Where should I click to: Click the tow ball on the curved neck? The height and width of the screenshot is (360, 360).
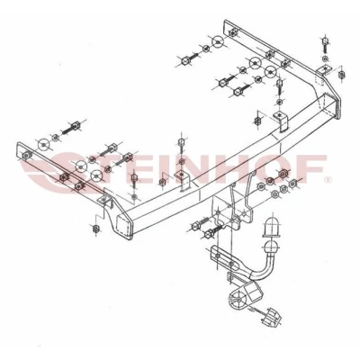click(x=272, y=246)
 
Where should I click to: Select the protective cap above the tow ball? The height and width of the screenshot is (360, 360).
click(x=272, y=226)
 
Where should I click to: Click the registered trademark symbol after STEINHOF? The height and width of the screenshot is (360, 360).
click(x=327, y=180)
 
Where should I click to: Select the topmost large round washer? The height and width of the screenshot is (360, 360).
click(x=218, y=42)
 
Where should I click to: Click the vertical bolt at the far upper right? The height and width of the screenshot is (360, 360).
click(x=325, y=45)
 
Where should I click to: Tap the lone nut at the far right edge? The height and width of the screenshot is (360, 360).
click(x=341, y=74)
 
